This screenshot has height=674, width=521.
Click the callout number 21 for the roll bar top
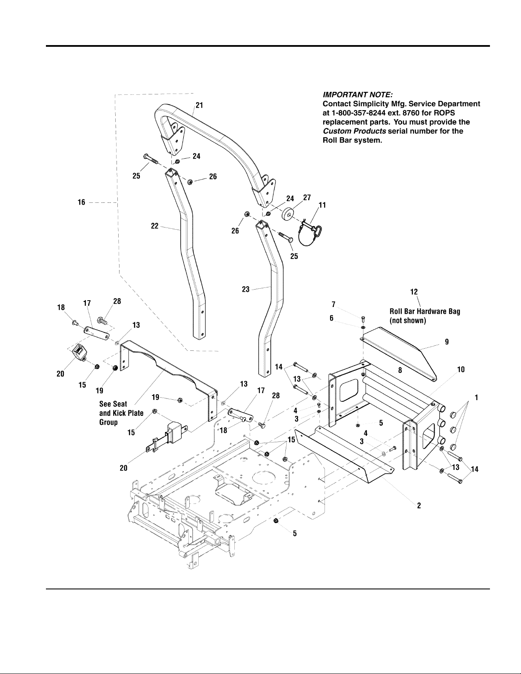pyautogui.click(x=199, y=106)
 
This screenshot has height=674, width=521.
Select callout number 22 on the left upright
pyautogui.click(x=155, y=226)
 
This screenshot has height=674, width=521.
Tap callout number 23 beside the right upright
pyautogui.click(x=245, y=290)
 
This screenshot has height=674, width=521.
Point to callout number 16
pyautogui.click(x=81, y=202)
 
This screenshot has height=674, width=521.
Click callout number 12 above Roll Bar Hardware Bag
pyautogui.click(x=414, y=292)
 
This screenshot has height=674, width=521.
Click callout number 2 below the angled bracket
pyautogui.click(x=419, y=506)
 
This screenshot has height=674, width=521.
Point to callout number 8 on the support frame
pyautogui.click(x=400, y=370)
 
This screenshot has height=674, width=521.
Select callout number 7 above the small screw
pyautogui.click(x=334, y=304)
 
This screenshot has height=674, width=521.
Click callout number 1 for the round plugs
pyautogui.click(x=477, y=398)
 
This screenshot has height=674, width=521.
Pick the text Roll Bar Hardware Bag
pyautogui.click(x=425, y=312)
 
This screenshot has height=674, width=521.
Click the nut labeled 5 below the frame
pyautogui.click(x=276, y=520)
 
